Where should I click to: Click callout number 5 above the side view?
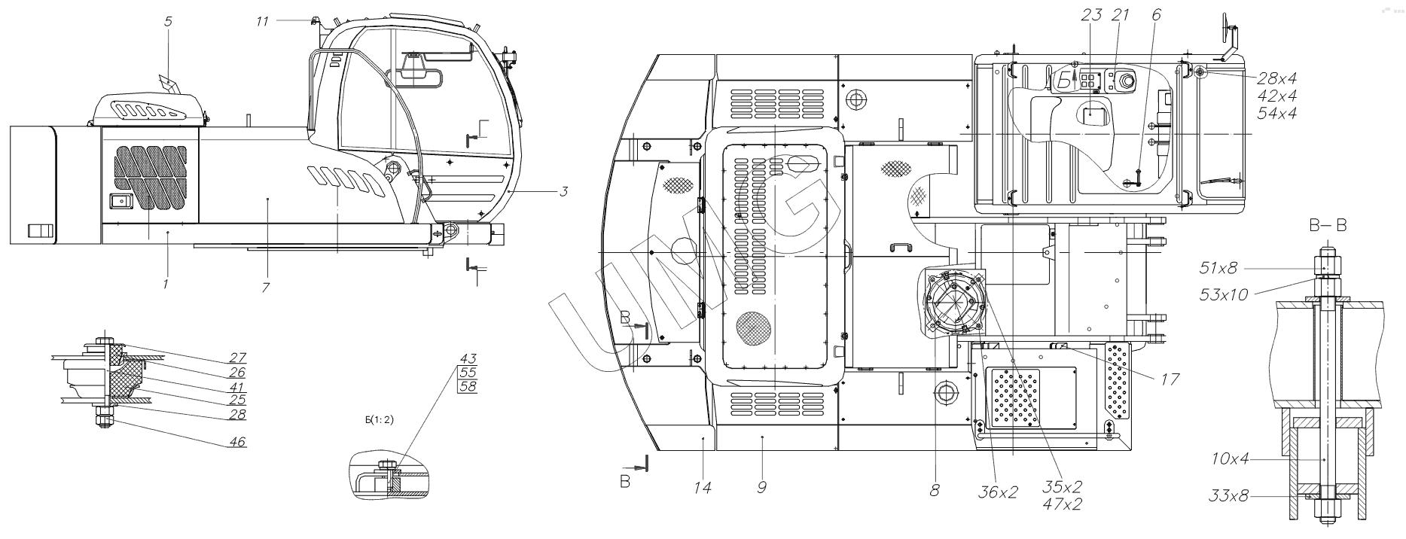click(x=168, y=22)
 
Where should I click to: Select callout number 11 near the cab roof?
click(x=261, y=22)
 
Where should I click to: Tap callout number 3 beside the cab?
click(x=563, y=192)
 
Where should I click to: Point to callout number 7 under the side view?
click(x=266, y=287)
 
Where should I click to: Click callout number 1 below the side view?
click(x=166, y=284)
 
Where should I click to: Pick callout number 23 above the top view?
click(x=1091, y=14)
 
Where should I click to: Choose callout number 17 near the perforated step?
click(x=1170, y=379)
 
